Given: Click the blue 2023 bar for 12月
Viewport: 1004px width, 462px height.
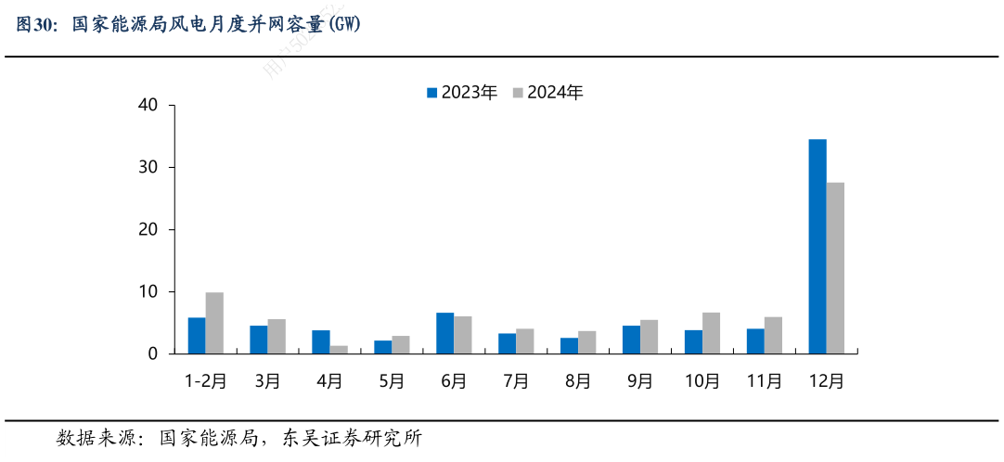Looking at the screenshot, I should pos(817,247).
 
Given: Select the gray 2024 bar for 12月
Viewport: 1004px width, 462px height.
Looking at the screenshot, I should pos(835,268).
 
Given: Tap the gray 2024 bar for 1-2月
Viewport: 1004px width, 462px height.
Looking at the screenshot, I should pos(214,323).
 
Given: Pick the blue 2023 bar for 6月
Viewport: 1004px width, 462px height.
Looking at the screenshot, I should pos(444,333).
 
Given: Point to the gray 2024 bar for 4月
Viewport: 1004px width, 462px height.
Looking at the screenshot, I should pos(339,350).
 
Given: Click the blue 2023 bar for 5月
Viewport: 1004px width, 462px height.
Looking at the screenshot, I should pos(382,347).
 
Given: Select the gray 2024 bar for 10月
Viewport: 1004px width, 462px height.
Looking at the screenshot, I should pos(711,333).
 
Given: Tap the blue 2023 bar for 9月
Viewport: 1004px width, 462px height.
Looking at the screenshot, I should pos(631,340).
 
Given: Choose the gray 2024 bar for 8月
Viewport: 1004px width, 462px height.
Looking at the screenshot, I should pos(586,342).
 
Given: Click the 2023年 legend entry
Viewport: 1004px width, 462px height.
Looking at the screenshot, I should pos(462,93).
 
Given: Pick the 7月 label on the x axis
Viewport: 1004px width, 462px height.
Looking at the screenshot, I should pos(516,380).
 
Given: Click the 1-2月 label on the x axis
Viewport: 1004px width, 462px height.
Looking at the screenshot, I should pos(205,380).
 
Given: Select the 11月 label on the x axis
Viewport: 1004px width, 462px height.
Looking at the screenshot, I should pos(764,380).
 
